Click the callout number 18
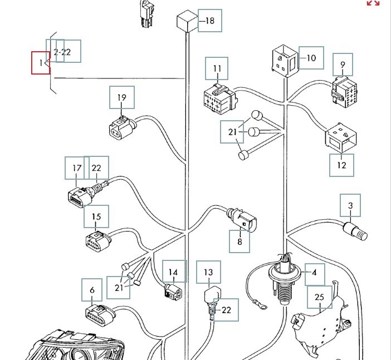tap(209, 21)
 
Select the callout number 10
tap(311, 57)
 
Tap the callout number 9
tap(343, 65)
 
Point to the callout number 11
tap(217, 68)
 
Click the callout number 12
tap(341, 165)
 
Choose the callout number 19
tap(122, 98)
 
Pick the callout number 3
tap(350, 206)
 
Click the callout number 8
tap(240, 241)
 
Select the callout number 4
tap(314, 273)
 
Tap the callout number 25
tap(319, 297)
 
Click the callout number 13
tap(208, 273)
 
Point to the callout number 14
tap(174, 273)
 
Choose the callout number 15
tap(96, 216)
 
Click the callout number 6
tap(92, 290)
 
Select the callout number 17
tap(77, 168)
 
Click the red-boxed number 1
tap(41, 62)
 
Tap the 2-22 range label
tap(62, 52)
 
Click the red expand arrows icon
tap(373, 3)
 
